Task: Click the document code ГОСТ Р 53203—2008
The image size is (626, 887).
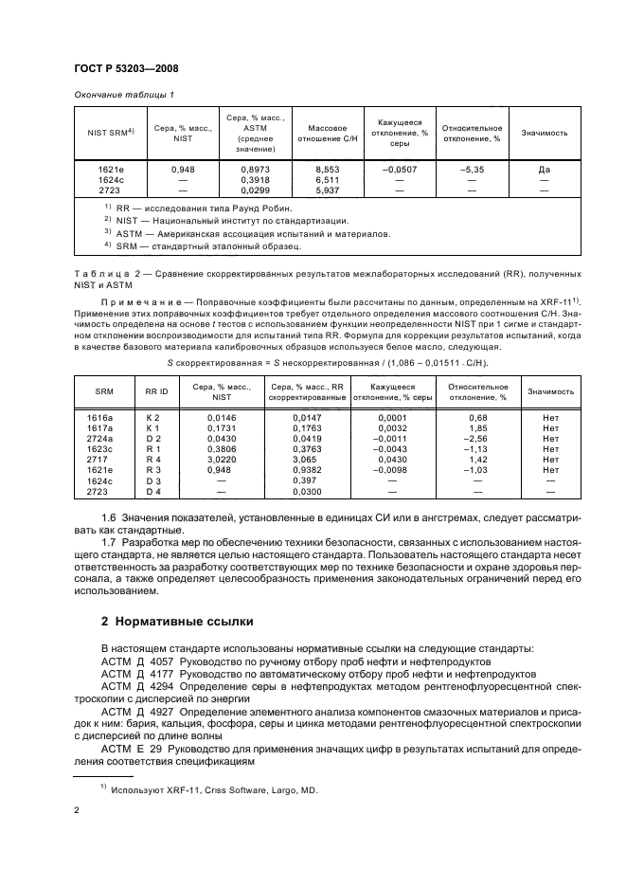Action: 127,69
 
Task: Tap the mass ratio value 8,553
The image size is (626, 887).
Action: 320,170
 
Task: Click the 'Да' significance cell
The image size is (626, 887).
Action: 544,170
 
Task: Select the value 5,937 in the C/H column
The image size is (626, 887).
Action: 320,190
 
